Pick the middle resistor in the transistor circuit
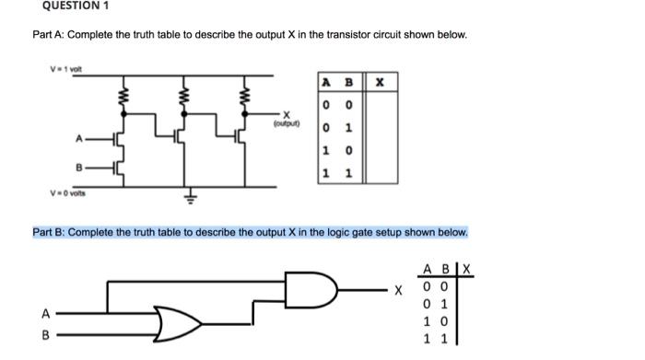[x=184, y=96]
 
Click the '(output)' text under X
[x=287, y=118]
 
